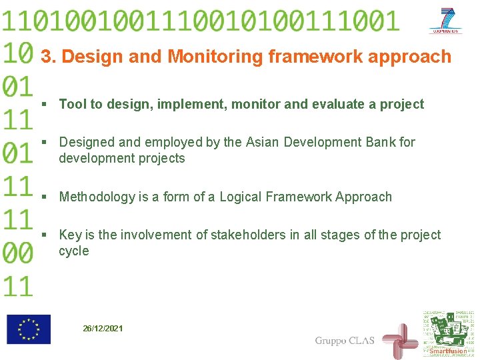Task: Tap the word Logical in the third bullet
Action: tap(241, 197)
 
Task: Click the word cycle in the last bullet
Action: tap(73, 251)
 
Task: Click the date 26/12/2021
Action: tap(103, 329)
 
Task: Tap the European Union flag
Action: tap(29, 329)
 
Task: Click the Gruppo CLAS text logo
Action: tap(344, 341)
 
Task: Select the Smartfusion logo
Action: tap(447, 334)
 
